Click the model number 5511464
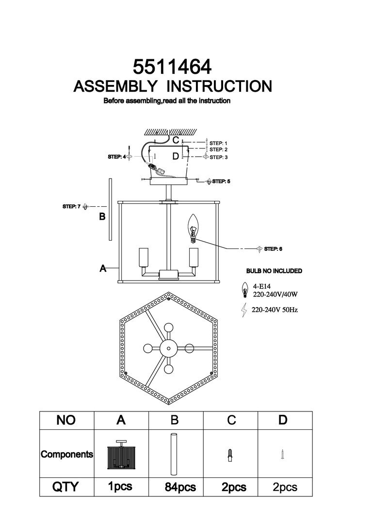click(x=173, y=67)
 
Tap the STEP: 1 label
click(x=218, y=143)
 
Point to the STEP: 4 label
click(x=116, y=157)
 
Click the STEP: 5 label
click(x=221, y=181)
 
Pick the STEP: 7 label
click(x=71, y=206)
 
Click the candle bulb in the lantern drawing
click(x=194, y=227)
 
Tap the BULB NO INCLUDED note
click(x=274, y=271)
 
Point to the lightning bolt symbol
click(x=243, y=310)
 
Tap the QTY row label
click(x=65, y=487)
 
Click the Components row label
click(x=66, y=455)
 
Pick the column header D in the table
click(x=283, y=420)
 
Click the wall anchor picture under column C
click(x=231, y=455)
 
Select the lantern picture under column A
click(x=120, y=455)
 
